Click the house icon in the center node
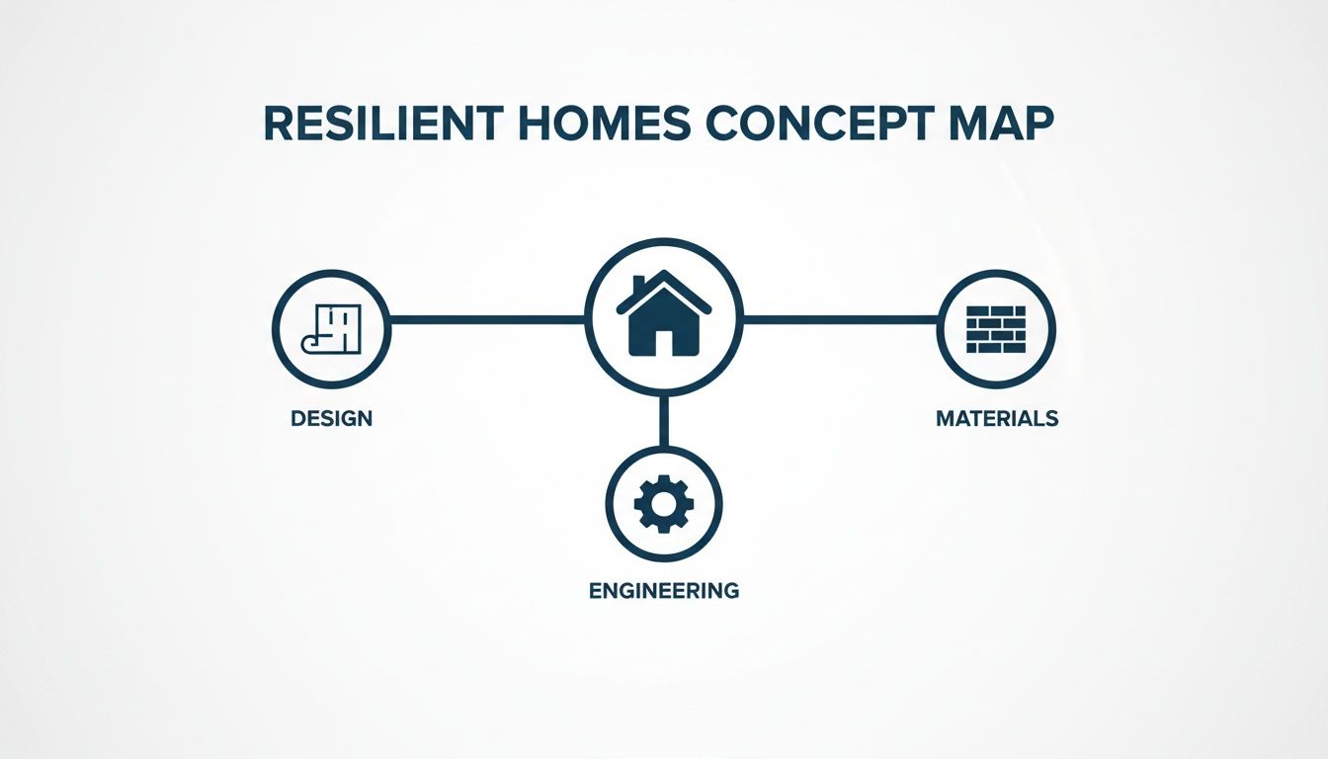point(663,315)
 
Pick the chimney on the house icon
point(639,286)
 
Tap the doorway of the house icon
point(663,342)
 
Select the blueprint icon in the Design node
point(332,328)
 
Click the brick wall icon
point(996,328)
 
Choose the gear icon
point(663,504)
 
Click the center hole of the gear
point(663,504)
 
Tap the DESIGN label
point(332,418)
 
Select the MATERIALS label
point(996,418)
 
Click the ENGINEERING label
point(663,591)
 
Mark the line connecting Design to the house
point(487,319)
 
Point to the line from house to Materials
point(840,319)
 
